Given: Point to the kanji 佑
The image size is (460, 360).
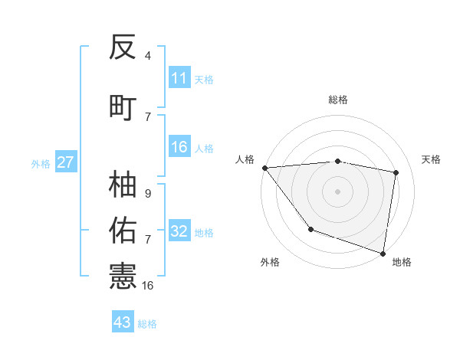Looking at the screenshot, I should pos(123,229).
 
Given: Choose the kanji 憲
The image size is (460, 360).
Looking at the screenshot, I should pos(123,274).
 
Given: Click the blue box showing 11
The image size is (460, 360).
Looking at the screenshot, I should pos(179,78).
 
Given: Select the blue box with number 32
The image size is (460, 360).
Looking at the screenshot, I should pos(179,231).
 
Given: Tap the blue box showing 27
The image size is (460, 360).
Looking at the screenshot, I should pos(66,163).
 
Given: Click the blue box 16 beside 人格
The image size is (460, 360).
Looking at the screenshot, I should pos(179,147).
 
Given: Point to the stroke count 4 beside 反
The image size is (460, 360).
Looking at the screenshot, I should pos(148,56).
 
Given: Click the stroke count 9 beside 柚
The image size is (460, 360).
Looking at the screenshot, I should pos(148,194).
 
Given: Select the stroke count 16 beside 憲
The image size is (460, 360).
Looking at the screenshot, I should pos(148,285).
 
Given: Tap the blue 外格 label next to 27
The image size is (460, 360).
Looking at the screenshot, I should pos(41,164).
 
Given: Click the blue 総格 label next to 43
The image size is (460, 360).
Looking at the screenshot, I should pos(147,323).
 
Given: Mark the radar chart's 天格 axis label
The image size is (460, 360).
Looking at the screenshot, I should pos(432,159).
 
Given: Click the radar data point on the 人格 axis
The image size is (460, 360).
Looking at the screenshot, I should pos(264,168).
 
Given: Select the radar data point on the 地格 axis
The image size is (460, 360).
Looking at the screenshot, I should pos(383,253).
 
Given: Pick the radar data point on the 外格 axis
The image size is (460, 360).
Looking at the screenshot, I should pos(310,229).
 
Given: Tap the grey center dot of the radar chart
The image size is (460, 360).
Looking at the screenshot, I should pos(337,191).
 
